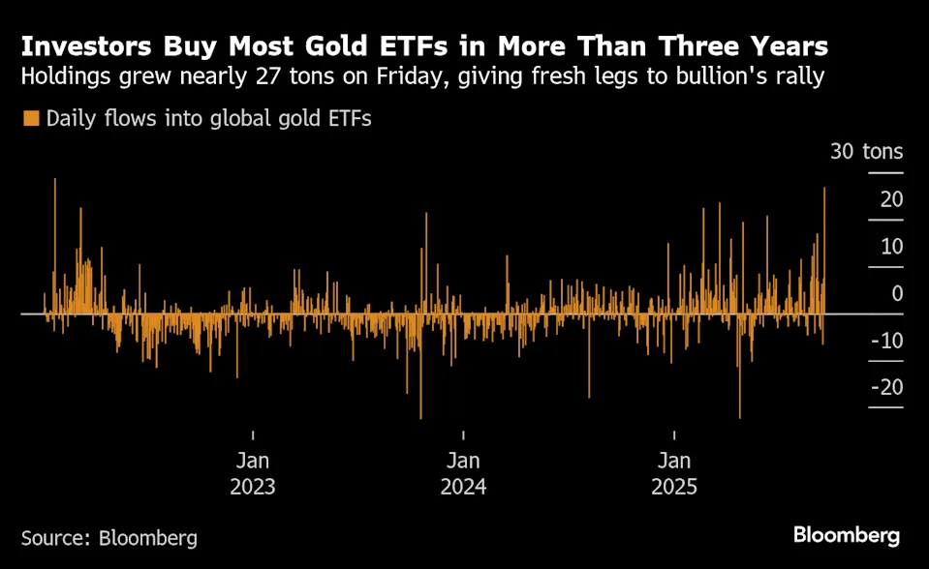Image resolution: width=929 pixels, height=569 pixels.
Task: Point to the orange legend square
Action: [x=31, y=119]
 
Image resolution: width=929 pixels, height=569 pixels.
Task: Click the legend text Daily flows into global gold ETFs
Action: [x=209, y=119]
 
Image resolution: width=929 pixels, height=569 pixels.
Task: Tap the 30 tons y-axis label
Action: [x=866, y=152]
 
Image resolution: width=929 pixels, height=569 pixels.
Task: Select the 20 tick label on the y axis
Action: [x=891, y=199]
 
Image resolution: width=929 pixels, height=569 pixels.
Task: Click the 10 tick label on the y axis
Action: [x=891, y=247]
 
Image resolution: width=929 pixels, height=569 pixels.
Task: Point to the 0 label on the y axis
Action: [x=897, y=293]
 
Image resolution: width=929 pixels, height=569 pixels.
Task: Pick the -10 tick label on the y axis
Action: [x=887, y=341]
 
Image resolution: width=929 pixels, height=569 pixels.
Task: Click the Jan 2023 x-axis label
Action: [x=253, y=472]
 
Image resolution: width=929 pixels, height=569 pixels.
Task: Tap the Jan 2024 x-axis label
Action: [x=463, y=472]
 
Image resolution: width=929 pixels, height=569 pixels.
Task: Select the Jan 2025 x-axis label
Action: [x=674, y=472]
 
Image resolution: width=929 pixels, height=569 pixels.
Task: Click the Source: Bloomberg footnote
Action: [x=109, y=537]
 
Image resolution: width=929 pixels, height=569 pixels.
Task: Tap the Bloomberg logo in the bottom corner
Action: [x=847, y=535]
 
